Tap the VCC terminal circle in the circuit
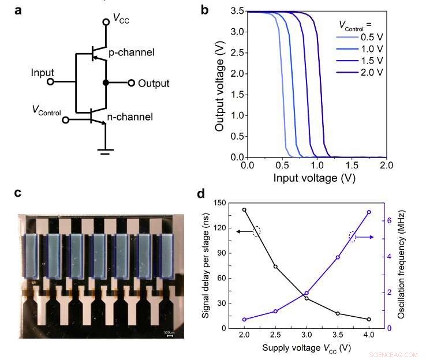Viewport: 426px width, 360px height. (106, 22)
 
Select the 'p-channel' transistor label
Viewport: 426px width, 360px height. (132, 52)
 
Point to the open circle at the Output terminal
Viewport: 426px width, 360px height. (132, 83)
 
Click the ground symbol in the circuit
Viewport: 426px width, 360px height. (105, 152)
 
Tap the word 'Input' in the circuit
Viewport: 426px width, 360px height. (43, 73)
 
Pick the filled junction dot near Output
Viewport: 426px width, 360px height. (106, 83)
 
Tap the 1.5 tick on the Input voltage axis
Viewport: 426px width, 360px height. (352, 166)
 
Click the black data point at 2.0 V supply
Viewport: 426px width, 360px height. (244, 210)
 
